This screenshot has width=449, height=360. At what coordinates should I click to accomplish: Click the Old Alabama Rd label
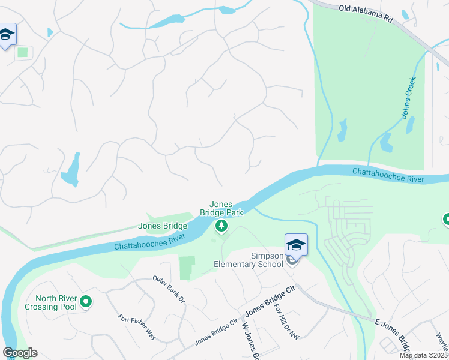[x=365, y=14]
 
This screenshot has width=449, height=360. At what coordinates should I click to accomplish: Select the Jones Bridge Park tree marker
[x=221, y=226]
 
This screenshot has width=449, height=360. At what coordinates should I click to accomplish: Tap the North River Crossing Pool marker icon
[x=85, y=302]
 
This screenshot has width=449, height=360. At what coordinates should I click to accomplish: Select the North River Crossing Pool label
[x=55, y=302]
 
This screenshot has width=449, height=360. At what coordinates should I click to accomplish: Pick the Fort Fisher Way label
[x=137, y=327]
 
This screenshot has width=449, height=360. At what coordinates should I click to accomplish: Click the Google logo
[x=20, y=353]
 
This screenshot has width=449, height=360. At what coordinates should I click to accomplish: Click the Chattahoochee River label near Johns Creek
[x=388, y=175]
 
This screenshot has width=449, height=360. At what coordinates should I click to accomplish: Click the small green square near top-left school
[x=23, y=52]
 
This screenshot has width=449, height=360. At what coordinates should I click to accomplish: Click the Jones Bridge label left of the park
[x=163, y=226]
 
